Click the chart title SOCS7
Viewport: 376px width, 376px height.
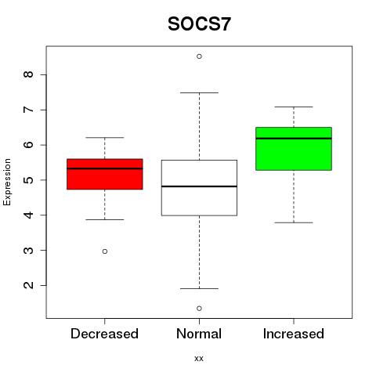pyautogui.click(x=199, y=24)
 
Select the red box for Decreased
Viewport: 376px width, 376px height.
pyautogui.click(x=105, y=174)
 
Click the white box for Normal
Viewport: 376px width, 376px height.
pyautogui.click(x=199, y=188)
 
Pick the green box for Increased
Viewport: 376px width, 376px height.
pyautogui.click(x=294, y=149)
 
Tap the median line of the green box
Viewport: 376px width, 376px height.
pyautogui.click(x=294, y=139)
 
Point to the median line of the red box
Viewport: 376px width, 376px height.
pyautogui.click(x=105, y=168)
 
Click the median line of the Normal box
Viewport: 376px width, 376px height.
pyautogui.click(x=199, y=186)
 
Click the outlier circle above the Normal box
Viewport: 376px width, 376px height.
pyautogui.click(x=199, y=56)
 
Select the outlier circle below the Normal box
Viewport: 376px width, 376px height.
pyautogui.click(x=199, y=309)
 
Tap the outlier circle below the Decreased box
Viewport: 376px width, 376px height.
pyautogui.click(x=105, y=251)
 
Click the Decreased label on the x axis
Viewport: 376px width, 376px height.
pyautogui.click(x=104, y=334)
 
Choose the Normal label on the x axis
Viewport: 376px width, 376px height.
pyautogui.click(x=199, y=334)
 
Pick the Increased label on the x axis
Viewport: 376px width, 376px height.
pyautogui.click(x=294, y=334)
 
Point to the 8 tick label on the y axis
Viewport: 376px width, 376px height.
pyautogui.click(x=29, y=74)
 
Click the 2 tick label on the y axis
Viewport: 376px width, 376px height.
pyautogui.click(x=29, y=285)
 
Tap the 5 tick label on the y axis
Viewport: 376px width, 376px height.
pyautogui.click(x=29, y=180)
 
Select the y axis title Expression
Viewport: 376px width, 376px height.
pyautogui.click(x=7, y=183)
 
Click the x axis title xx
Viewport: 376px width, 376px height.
pyautogui.click(x=199, y=359)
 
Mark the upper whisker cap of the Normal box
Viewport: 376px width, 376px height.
pyautogui.click(x=199, y=92)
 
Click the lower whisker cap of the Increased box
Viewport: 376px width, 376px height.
pyautogui.click(x=294, y=222)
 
